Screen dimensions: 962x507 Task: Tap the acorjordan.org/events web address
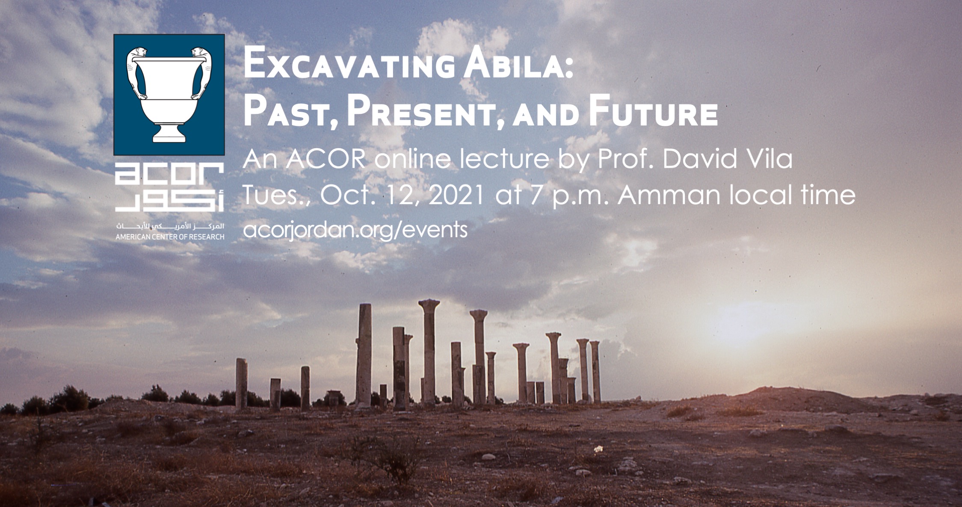[355, 230]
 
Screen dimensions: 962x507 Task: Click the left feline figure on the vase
[136, 71]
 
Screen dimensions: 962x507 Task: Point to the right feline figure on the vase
[202, 71]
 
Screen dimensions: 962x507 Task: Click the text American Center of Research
[170, 237]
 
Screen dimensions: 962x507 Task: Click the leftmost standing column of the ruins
[242, 383]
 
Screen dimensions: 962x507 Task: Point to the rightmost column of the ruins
[595, 371]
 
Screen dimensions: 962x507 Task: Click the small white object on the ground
[598, 449]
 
